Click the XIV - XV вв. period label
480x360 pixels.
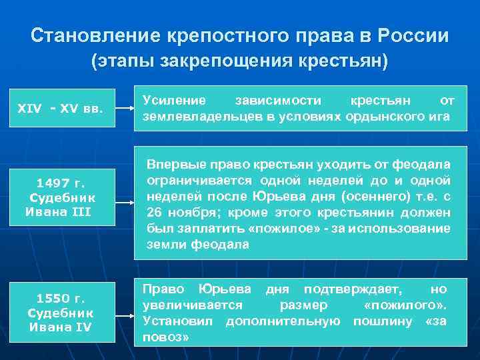pos(61,108)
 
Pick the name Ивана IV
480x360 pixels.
pos(61,327)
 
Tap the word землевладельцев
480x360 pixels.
pos(189,117)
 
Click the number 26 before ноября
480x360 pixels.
pos(154,213)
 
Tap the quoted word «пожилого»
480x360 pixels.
pos(404,305)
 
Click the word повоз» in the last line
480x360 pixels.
pos(166,337)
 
